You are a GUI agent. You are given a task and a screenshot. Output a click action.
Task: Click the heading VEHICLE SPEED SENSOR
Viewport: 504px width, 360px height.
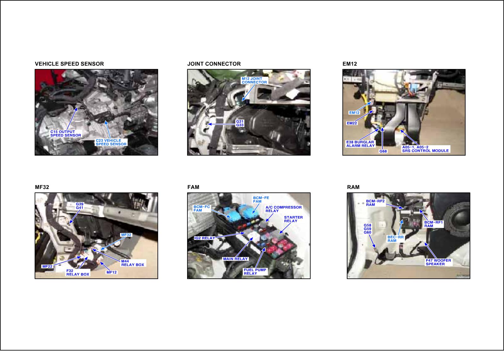click(69, 64)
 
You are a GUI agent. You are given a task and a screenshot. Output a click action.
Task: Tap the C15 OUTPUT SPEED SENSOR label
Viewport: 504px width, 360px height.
click(66, 134)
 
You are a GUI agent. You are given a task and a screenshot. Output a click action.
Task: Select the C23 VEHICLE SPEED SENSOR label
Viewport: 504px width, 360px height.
click(111, 142)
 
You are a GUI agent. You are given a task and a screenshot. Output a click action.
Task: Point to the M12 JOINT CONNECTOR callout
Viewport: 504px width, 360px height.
click(254, 80)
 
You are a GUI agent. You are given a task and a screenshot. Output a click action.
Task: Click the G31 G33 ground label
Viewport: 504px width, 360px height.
click(240, 123)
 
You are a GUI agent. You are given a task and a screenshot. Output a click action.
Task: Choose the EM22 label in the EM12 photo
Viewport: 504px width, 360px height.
click(352, 123)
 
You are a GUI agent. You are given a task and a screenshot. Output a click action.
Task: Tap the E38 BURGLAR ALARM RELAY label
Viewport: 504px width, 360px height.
click(360, 144)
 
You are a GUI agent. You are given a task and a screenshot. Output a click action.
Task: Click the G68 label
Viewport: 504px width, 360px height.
click(383, 151)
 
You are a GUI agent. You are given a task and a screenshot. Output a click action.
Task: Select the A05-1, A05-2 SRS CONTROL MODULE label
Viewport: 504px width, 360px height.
click(426, 149)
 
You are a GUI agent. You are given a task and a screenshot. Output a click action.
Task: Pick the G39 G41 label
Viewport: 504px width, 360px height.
click(80, 206)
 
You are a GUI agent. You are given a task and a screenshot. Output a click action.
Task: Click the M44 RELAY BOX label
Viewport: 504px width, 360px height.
click(133, 263)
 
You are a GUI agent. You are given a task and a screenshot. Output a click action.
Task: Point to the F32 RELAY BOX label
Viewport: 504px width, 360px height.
click(78, 272)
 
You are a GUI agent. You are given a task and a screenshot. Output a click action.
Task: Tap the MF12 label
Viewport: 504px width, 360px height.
click(112, 272)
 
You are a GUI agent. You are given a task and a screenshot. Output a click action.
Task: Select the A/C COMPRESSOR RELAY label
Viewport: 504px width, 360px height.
click(283, 209)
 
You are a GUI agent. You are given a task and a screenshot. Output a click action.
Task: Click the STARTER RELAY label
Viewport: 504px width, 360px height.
click(293, 219)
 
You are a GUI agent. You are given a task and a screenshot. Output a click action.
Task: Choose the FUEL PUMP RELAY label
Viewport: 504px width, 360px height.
click(255, 271)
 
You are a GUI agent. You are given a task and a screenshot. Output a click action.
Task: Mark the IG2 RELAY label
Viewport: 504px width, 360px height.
click(204, 238)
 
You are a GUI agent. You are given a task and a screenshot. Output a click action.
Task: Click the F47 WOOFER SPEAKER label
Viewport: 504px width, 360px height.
click(438, 262)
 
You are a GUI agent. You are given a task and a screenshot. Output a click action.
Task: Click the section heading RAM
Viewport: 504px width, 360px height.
click(353, 187)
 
